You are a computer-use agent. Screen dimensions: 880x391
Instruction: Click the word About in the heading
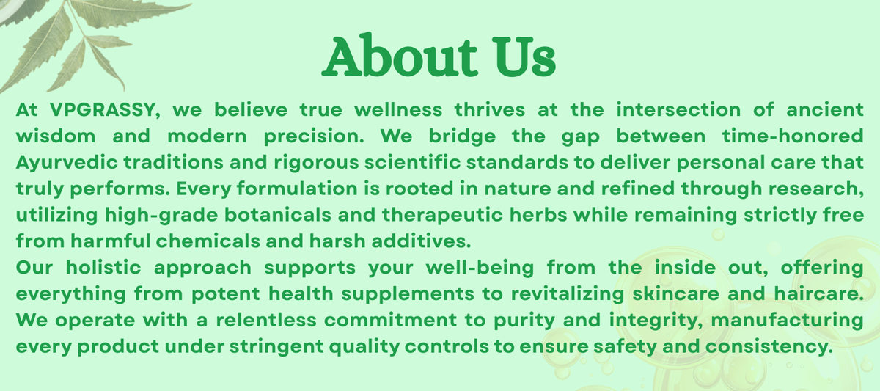(400, 56)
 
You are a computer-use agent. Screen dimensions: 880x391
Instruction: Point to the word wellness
(398, 109)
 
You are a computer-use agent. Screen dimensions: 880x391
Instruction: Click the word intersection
(678, 109)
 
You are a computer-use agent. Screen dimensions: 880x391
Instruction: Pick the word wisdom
(56, 136)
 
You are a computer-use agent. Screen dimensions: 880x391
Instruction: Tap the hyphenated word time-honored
(793, 136)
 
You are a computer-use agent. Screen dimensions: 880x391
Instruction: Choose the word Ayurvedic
(67, 163)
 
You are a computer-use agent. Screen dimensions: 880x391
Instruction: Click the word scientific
(412, 162)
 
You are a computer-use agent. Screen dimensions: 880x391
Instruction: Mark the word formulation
(297, 189)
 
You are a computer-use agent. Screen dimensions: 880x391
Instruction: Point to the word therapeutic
(442, 216)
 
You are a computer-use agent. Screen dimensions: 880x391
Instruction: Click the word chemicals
(208, 241)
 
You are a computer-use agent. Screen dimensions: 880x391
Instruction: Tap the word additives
(421, 241)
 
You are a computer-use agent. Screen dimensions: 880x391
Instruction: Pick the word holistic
(103, 268)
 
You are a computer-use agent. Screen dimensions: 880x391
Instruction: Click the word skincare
(675, 294)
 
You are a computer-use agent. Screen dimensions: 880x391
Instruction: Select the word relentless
(266, 320)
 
